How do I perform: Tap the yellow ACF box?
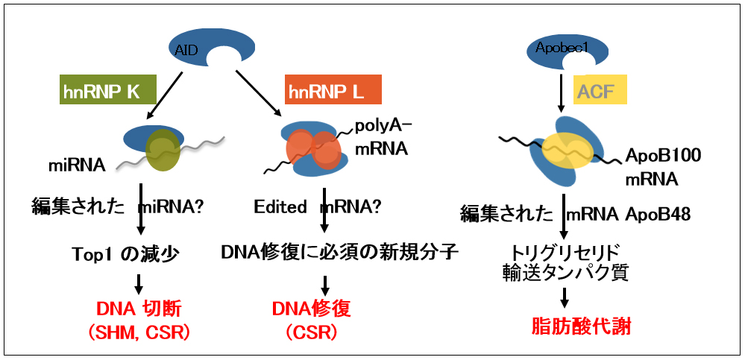pyautogui.click(x=600, y=91)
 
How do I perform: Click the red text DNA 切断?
pyautogui.click(x=139, y=309)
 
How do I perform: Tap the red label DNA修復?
pyautogui.click(x=311, y=309)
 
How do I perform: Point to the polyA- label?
pyautogui.click(x=390, y=125)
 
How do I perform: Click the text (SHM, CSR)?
pyautogui.click(x=139, y=332)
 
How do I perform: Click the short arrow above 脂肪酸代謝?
pyautogui.click(x=565, y=297)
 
